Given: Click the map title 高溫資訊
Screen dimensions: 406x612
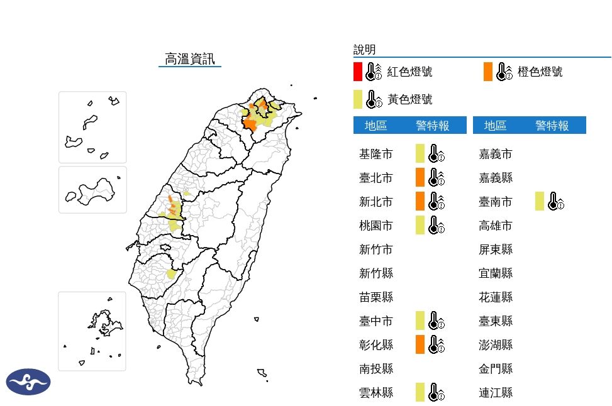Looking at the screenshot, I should point(189,59).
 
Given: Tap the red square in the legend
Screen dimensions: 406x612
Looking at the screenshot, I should point(357,72).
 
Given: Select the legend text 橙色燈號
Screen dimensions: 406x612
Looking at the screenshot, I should point(540,72).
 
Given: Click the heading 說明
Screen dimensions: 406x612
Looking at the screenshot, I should point(364,50).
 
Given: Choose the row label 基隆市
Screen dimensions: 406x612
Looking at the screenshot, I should point(376,154).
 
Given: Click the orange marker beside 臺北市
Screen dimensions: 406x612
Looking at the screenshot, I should point(420,178).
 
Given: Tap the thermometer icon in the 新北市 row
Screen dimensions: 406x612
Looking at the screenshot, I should point(436,202).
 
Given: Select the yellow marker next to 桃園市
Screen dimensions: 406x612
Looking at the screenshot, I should point(420,225).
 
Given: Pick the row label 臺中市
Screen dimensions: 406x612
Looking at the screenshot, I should point(376,321).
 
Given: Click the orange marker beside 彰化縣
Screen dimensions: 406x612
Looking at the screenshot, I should point(420,344).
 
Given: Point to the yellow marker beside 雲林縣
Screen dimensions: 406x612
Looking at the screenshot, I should point(420,392).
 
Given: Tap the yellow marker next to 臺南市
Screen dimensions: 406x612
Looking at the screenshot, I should point(540,202).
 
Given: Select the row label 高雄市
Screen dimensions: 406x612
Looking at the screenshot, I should point(496,226).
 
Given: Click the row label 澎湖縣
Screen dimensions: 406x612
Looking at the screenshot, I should point(496,345).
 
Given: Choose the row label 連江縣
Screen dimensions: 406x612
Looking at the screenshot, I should point(496,393).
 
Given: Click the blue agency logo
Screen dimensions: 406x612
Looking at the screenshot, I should point(28,381).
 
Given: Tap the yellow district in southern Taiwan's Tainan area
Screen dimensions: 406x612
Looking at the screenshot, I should point(171,275).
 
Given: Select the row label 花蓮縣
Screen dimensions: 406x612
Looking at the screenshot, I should point(496,297).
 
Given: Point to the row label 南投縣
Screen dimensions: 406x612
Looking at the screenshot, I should point(376,369).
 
